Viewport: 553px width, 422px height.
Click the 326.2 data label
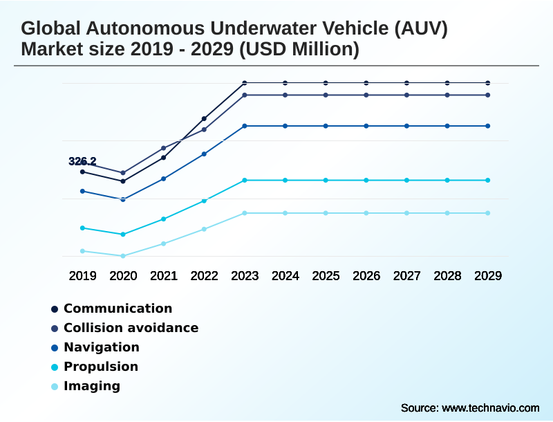tap(82, 161)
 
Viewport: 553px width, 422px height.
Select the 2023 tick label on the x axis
tap(245, 275)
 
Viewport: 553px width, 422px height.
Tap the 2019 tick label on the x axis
tap(82, 275)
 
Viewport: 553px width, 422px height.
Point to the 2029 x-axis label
tap(488, 275)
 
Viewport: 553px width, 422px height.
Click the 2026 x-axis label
tap(366, 275)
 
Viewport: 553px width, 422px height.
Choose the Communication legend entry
tap(118, 309)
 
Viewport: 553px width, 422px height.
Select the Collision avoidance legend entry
tap(131, 328)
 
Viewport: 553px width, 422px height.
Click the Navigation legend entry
tap(101, 347)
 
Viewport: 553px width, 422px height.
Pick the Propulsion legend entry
tap(101, 367)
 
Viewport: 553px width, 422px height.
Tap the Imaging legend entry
tap(91, 386)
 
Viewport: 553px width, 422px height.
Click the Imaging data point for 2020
tap(123, 256)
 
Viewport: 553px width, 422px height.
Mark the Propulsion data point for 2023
tap(245, 180)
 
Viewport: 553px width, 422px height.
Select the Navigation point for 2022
tap(204, 154)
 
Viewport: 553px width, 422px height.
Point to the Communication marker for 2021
tap(164, 158)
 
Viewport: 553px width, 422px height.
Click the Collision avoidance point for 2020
tap(123, 173)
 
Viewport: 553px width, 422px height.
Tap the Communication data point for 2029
tap(488, 83)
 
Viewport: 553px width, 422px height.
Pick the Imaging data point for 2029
tap(488, 213)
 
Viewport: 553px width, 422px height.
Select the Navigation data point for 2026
tap(366, 126)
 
